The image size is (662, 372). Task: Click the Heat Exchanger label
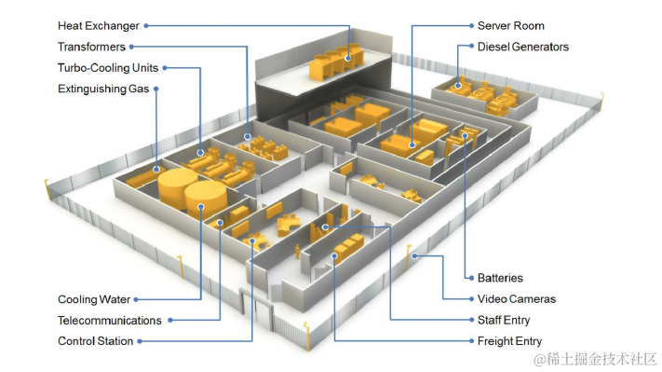point(99,26)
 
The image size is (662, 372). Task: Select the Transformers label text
point(91,47)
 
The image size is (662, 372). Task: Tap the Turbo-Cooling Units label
point(108,68)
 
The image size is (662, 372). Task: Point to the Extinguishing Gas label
point(103,89)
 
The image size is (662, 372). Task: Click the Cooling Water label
point(94,299)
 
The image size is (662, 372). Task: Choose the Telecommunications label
point(110,321)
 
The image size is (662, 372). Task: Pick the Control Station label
point(95,341)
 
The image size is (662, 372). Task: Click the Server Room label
point(511,26)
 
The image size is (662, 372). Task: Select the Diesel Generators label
point(523,47)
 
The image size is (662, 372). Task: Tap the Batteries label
point(500,278)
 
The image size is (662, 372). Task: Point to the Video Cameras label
point(517,299)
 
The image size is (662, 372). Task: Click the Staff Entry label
point(504,320)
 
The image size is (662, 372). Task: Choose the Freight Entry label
point(509,341)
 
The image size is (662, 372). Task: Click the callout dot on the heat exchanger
point(348,59)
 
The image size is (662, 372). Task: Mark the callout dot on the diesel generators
point(458,86)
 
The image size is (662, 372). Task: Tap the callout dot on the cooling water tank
point(201,207)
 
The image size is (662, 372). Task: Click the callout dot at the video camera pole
point(415,255)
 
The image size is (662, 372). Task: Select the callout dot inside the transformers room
point(248,136)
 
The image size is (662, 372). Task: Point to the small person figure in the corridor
point(297,251)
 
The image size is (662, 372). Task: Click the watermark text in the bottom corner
point(595,359)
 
